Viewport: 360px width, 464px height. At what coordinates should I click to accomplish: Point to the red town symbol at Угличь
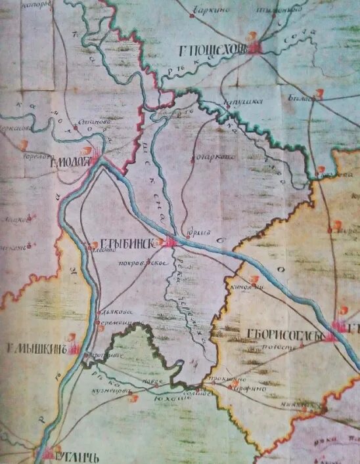(x=51, y=452)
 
